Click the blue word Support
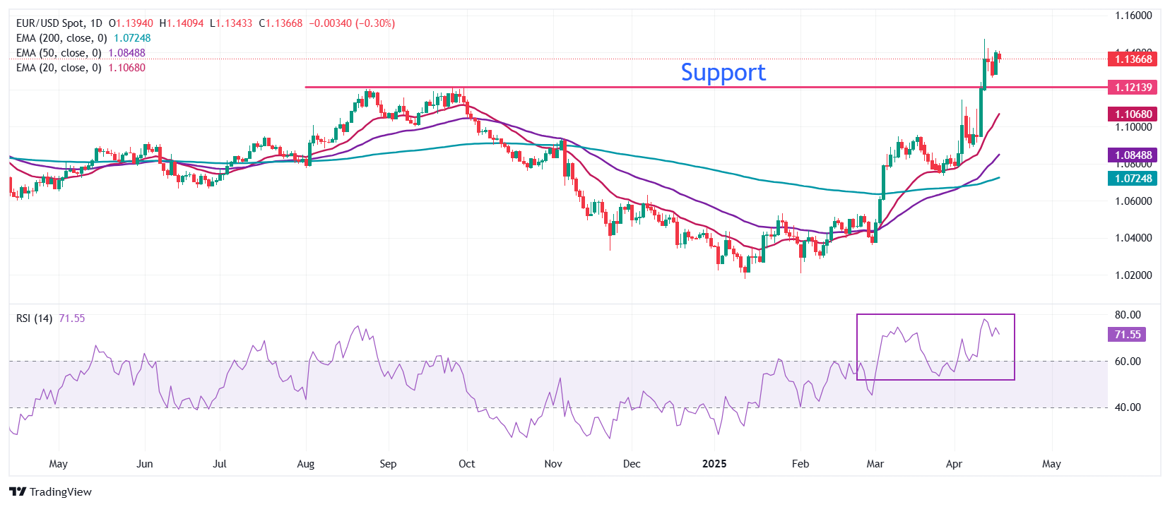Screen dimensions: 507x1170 pos(723,72)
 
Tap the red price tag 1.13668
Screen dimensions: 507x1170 pos(1133,59)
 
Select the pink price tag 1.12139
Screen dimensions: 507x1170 pos(1133,88)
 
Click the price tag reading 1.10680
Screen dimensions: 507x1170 pos(1133,114)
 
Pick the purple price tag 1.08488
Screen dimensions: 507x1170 pos(1133,155)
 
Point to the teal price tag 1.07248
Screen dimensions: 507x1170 pos(1133,179)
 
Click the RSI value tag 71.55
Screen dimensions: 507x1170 pos(1127,335)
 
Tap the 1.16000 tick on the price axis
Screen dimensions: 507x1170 pos(1133,16)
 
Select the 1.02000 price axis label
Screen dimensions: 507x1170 pos(1133,275)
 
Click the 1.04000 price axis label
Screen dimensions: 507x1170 pos(1133,238)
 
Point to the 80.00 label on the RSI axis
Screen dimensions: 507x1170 pos(1128,315)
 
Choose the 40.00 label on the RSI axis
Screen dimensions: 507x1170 pos(1128,407)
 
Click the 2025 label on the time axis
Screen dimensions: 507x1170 pos(714,464)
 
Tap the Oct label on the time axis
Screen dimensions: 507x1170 pos(466,464)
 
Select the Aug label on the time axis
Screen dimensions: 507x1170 pos(305,464)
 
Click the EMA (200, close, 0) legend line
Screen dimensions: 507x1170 pos(83,38)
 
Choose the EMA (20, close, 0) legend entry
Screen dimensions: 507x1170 pos(81,68)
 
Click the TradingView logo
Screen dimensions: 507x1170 pos(51,492)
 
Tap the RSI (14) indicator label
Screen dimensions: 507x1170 pos(34,318)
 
